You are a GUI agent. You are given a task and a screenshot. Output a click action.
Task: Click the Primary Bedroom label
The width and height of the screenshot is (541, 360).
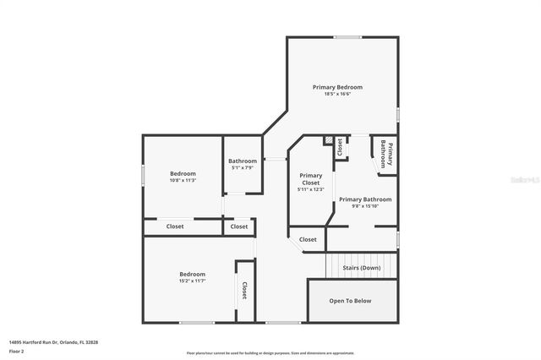click(x=337, y=87)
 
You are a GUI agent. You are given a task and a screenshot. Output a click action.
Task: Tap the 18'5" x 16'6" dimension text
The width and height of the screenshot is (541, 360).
click(x=337, y=94)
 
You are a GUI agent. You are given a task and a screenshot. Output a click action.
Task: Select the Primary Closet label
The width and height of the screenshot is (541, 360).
click(x=310, y=179)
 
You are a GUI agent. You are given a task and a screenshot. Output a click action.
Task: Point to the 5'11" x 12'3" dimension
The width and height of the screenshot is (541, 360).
click(x=310, y=189)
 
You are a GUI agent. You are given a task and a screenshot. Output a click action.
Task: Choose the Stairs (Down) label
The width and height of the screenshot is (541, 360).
click(x=361, y=268)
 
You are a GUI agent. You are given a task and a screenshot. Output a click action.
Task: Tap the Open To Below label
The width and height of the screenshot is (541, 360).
click(x=351, y=300)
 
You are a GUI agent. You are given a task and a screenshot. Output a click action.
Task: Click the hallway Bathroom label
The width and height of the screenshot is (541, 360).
click(x=243, y=161)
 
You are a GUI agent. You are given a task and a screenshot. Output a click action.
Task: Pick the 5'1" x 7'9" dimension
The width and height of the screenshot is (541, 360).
click(x=243, y=167)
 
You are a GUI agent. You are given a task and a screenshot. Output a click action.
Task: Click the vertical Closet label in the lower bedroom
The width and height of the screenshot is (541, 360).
click(x=245, y=291)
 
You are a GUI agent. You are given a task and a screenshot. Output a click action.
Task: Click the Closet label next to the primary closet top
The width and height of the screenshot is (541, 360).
click(x=340, y=148)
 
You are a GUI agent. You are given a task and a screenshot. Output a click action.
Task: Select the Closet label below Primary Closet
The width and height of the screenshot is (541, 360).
click(x=308, y=239)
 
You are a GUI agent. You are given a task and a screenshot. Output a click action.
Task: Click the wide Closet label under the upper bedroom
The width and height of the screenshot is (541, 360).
click(x=175, y=226)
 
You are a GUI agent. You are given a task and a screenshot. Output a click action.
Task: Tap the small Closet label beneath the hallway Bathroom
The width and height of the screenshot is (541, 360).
click(x=239, y=226)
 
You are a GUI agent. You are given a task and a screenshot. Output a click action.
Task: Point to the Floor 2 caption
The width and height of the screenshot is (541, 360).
click(x=16, y=351)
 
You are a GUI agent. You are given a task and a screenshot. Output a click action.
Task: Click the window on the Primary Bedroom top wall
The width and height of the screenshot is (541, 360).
click(x=347, y=37)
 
